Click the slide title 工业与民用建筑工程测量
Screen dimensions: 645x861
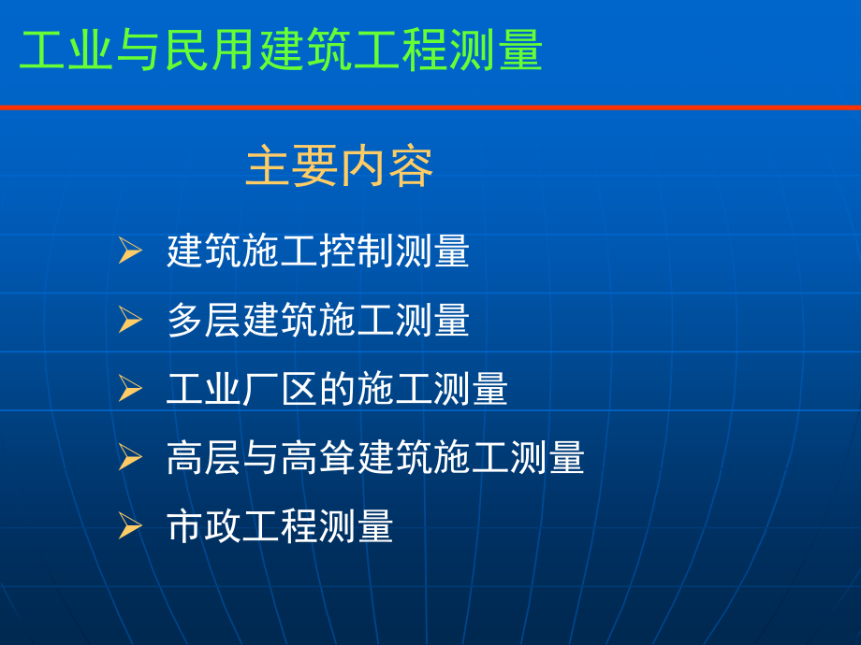[281, 50]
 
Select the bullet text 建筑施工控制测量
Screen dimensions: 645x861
[318, 251]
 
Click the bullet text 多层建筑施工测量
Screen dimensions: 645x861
[318, 321]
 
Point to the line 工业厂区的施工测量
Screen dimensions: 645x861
[337, 389]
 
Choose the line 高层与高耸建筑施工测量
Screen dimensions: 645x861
[375, 458]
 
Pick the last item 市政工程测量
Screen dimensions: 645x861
[280, 526]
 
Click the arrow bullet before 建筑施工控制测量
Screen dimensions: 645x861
[130, 251]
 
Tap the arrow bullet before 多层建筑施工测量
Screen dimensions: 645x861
[130, 321]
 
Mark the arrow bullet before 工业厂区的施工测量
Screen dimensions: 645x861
[130, 389]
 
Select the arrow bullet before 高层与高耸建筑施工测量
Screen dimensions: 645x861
[130, 458]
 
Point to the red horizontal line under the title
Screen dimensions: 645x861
[430, 107]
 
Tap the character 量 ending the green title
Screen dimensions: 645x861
[519, 50]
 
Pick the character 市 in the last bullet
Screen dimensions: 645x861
[185, 526]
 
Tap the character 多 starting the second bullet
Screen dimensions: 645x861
[185, 321]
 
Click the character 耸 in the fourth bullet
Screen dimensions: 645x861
[338, 458]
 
